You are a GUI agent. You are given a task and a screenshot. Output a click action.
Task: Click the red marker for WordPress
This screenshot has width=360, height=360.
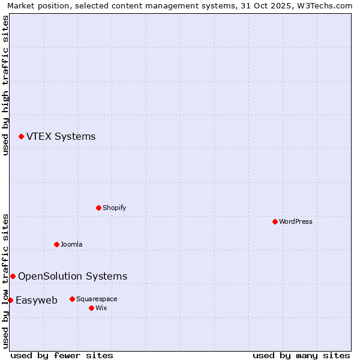coord(275,221)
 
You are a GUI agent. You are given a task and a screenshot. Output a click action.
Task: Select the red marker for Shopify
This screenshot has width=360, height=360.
coord(98,208)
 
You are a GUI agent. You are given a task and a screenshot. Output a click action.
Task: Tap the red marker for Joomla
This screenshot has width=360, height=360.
coord(56,244)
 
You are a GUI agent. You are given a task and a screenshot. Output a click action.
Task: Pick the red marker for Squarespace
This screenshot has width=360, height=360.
coord(72,299)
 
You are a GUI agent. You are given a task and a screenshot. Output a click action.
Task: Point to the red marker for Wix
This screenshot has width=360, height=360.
coord(91,308)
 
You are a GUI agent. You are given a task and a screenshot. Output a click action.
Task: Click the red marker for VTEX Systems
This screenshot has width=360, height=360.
coord(21,137)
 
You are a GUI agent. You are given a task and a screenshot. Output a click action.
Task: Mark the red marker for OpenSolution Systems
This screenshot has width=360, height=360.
coord(13,276)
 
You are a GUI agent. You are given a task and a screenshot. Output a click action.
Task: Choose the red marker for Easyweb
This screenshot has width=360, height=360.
coord(10,300)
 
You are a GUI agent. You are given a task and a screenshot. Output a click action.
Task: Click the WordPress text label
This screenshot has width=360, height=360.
coord(296,221)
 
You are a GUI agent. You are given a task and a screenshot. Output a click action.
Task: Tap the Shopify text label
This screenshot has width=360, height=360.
coord(114,208)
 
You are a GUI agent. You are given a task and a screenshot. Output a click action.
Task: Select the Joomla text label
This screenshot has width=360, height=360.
coord(71,244)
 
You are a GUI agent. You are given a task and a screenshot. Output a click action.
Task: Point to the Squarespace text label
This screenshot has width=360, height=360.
coord(97,299)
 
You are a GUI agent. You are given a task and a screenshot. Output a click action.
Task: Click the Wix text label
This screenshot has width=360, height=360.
coord(101,308)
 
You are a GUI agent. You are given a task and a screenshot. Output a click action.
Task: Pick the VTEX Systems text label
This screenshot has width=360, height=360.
coord(61,136)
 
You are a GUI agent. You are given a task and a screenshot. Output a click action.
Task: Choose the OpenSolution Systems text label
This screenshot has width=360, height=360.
coord(73,276)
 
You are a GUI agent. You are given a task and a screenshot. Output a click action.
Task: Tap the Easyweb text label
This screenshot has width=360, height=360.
coord(37,300)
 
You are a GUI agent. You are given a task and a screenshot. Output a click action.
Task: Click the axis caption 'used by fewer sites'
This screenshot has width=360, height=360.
coord(62,355)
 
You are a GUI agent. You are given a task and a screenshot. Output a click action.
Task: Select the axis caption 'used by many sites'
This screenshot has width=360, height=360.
coord(301,355)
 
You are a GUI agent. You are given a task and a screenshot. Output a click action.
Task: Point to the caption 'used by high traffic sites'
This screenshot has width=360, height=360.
coord(5,85)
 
